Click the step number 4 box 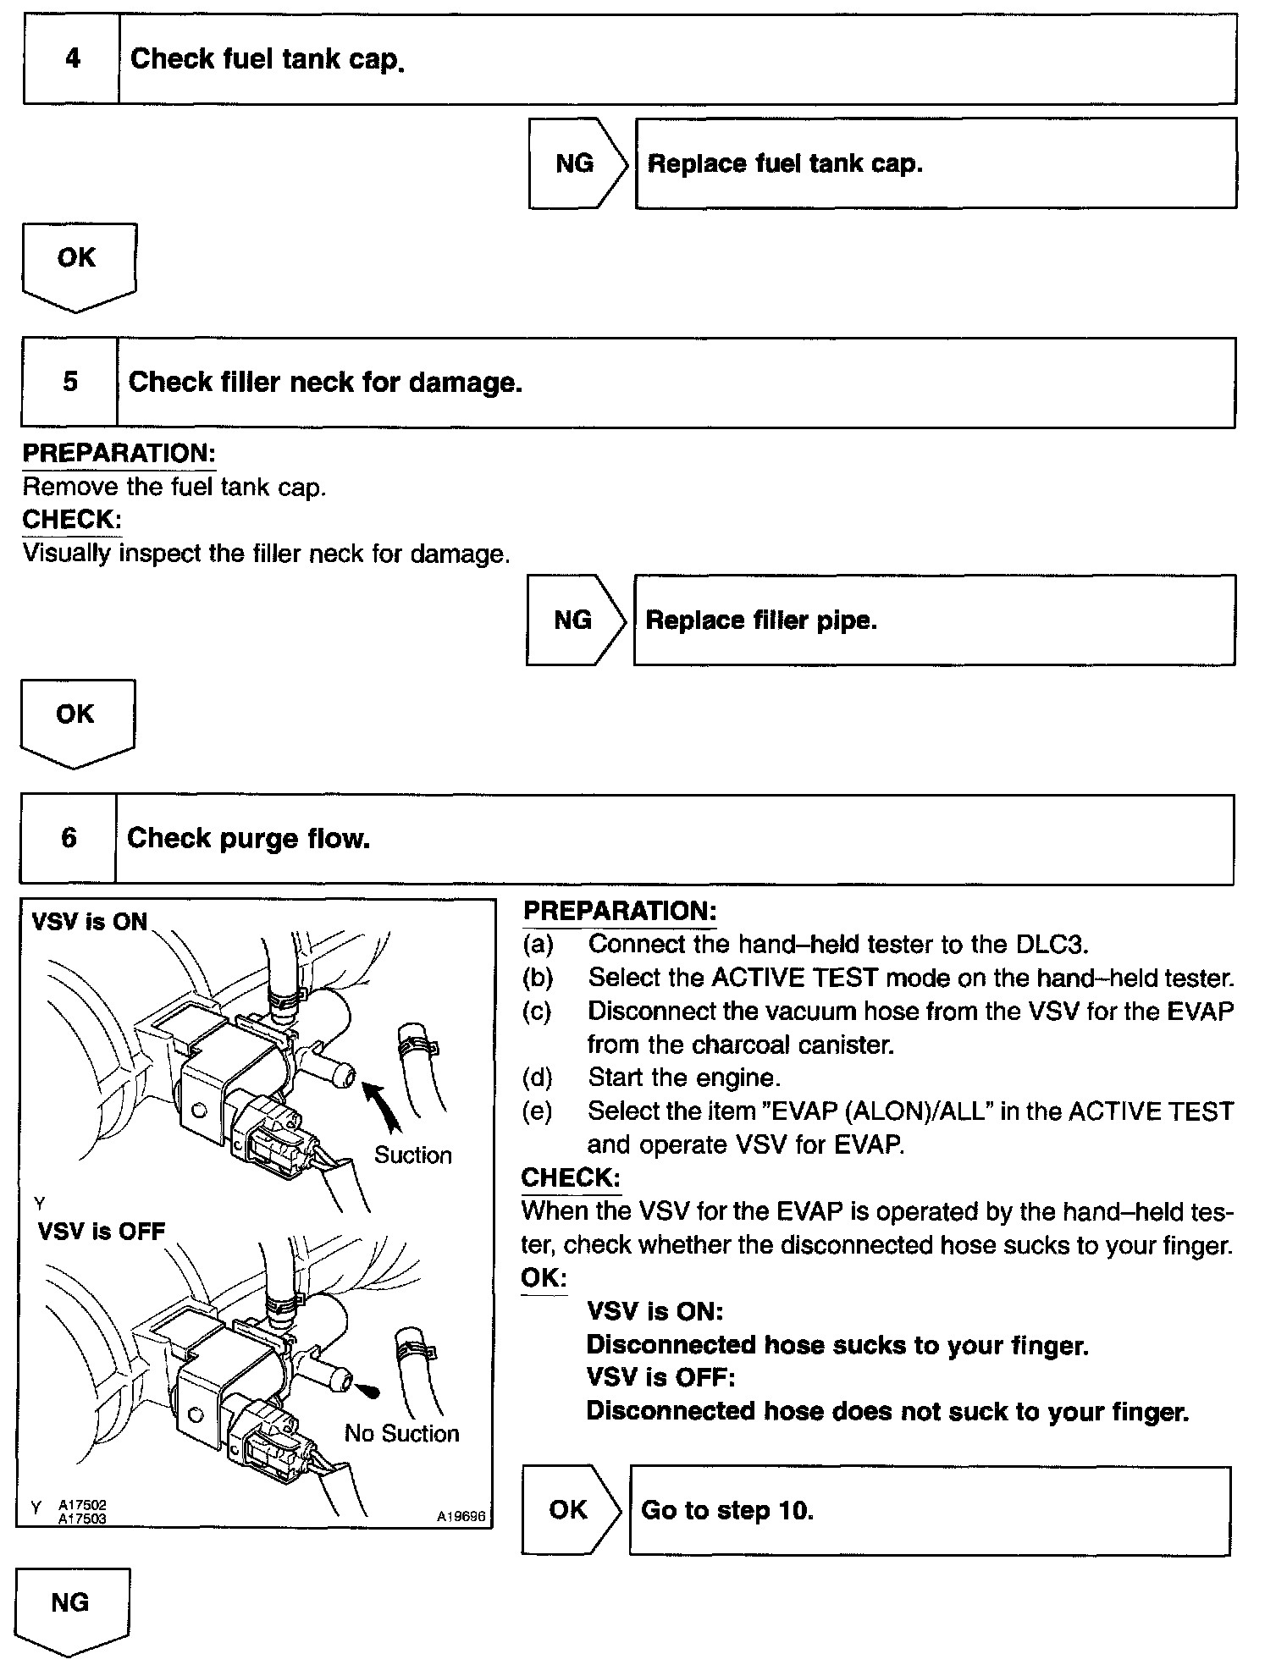pos(72,59)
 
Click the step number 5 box pos(70,382)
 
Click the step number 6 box pos(69,838)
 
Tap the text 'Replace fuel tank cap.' pos(785,163)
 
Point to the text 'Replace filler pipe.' pos(761,620)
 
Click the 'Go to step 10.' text pos(727,1511)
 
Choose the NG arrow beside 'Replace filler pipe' pos(573,620)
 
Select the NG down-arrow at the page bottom pos(71,1609)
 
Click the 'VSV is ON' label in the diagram pos(89,922)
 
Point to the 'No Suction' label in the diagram pos(401,1433)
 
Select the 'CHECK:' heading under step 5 pos(71,519)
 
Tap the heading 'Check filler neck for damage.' pos(325,383)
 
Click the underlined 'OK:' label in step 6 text pos(544,1278)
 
